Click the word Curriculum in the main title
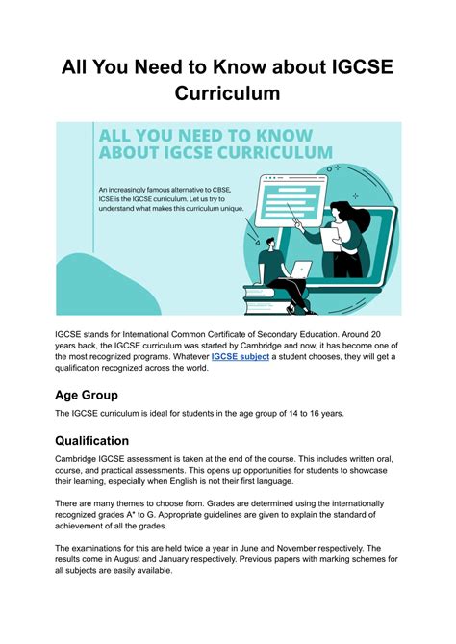pos(227,93)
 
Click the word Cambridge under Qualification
pos(82,458)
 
